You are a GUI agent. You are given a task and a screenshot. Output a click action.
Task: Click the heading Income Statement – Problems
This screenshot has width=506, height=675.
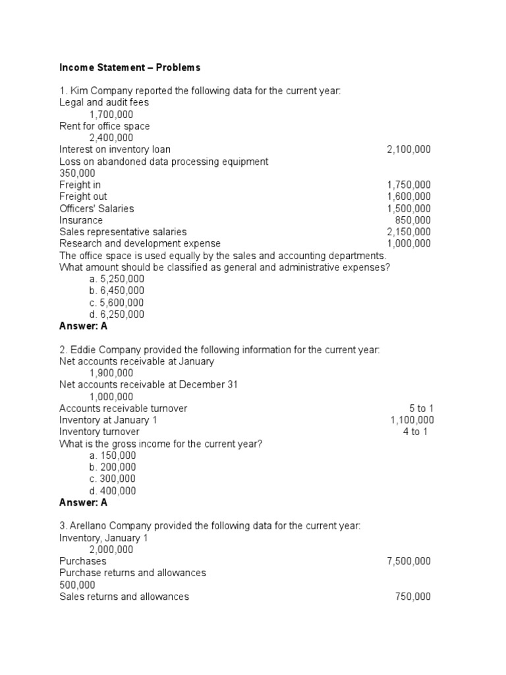coord(130,67)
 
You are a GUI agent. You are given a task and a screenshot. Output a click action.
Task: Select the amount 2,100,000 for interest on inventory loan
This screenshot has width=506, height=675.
coord(408,150)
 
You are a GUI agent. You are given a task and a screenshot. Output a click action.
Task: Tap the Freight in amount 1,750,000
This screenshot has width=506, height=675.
coord(408,185)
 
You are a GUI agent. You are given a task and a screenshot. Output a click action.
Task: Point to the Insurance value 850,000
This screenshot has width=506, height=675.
coord(412,220)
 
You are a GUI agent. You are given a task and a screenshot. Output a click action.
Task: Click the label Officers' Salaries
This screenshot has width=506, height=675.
coord(96,208)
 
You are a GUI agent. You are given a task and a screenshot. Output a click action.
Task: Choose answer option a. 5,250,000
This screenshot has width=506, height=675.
coord(117,279)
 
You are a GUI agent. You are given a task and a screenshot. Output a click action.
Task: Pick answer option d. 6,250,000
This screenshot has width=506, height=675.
coord(117,314)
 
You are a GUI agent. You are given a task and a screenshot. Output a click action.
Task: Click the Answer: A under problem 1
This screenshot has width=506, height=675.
coord(83,326)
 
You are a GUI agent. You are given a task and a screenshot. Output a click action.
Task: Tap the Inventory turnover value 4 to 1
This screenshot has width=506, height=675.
coord(415,432)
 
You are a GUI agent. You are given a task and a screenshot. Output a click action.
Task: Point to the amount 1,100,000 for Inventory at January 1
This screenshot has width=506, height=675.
coord(412,420)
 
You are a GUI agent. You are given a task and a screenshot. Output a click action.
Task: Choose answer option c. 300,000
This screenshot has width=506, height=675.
coord(113,479)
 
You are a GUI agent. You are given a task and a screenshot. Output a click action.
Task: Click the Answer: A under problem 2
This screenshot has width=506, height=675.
coord(83,502)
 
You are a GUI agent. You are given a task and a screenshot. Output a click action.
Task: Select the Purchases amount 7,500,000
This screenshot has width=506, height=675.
coord(408,561)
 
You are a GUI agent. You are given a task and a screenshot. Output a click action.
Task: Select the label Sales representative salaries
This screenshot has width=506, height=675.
coord(123,232)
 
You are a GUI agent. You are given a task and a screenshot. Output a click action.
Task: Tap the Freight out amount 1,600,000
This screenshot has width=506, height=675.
coord(408,196)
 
